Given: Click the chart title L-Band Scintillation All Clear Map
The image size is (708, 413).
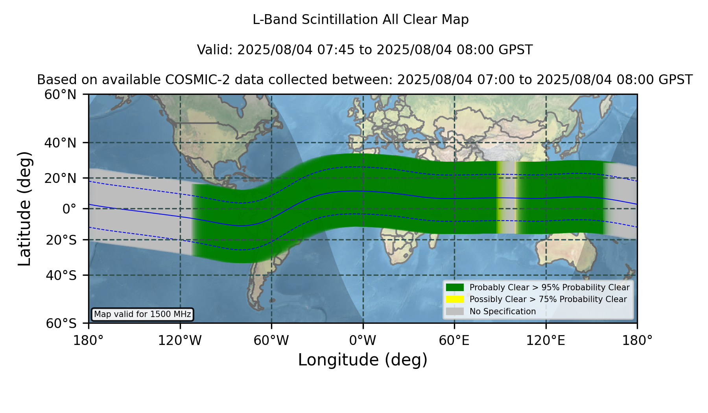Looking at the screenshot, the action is (x=360, y=20).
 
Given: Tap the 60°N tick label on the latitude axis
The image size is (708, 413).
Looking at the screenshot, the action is (x=60, y=94).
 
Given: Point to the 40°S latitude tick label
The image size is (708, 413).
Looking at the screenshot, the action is (x=61, y=275).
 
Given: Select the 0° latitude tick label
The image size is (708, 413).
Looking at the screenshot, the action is (x=69, y=209).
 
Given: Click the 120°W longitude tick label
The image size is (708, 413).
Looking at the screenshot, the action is (x=180, y=341).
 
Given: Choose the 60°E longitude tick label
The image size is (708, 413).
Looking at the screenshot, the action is (x=454, y=341).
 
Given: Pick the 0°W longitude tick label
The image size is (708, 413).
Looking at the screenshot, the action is (x=363, y=341).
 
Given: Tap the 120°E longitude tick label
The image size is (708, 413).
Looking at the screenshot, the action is (x=546, y=341).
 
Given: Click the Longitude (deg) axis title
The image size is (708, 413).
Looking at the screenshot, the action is (x=363, y=360).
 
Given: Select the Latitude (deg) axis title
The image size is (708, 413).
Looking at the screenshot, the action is (x=24, y=208).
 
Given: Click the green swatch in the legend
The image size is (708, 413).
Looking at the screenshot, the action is (x=455, y=287).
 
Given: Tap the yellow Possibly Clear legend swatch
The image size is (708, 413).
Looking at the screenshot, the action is (x=455, y=299).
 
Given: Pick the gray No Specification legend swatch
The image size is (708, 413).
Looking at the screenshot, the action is (x=455, y=311).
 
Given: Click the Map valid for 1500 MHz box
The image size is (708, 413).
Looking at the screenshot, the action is (x=142, y=314).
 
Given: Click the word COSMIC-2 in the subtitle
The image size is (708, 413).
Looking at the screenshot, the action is (x=190, y=80).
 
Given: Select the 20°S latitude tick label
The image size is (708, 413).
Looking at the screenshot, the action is (x=61, y=240).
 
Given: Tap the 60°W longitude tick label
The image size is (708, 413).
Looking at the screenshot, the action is (x=271, y=341).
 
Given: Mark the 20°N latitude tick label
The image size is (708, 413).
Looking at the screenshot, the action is (x=60, y=178).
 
